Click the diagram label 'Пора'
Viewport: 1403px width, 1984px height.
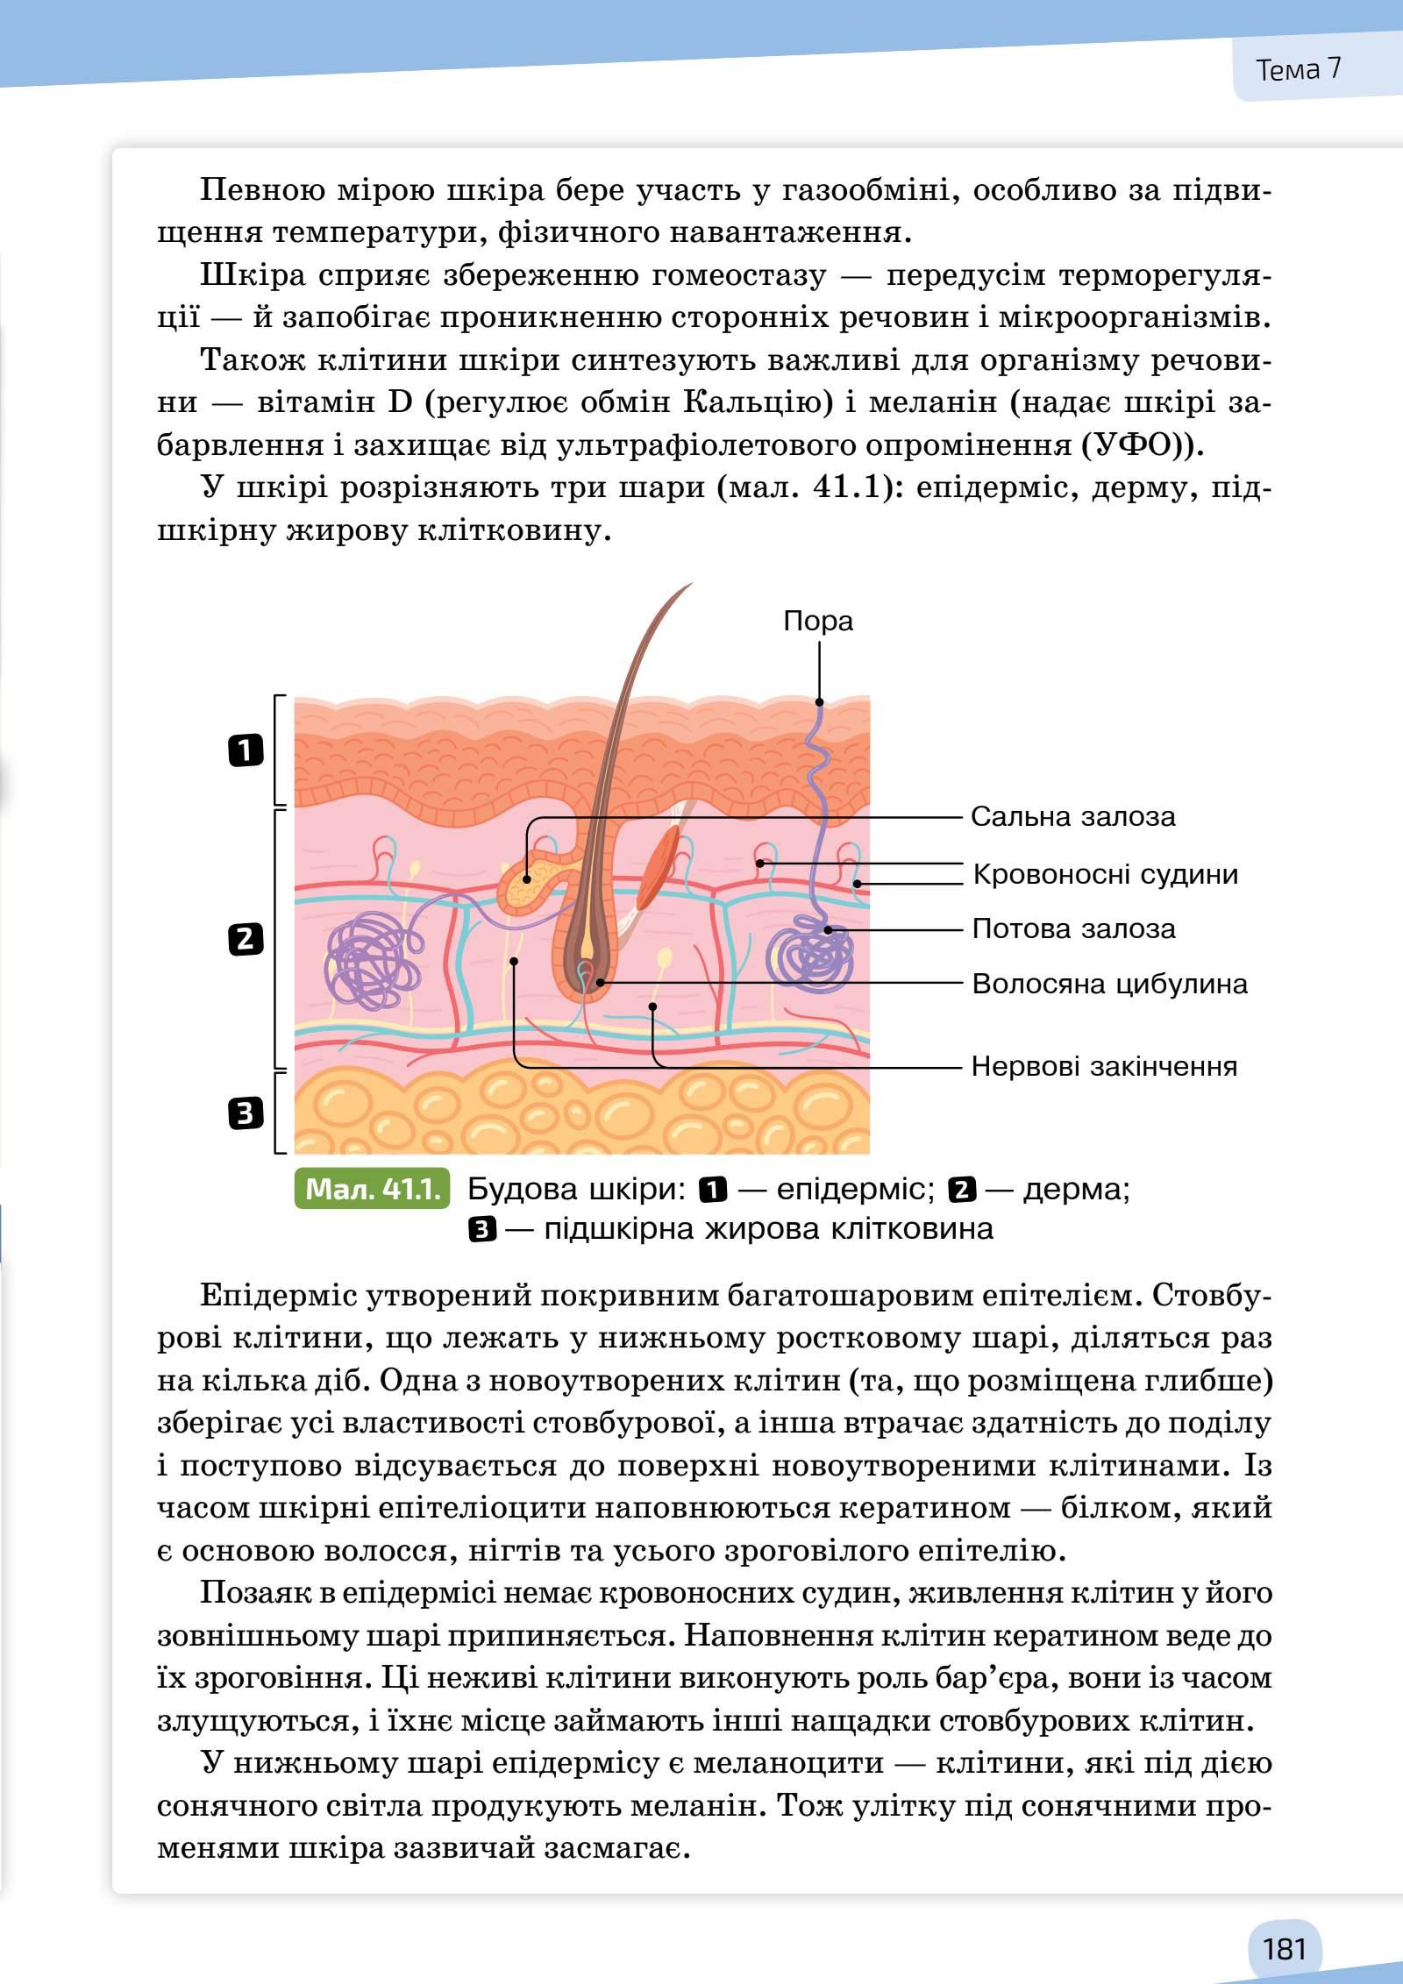pyautogui.click(x=817, y=621)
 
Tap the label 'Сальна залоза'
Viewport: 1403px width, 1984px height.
pyautogui.click(x=1072, y=817)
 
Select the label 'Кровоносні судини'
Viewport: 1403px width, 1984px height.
pyautogui.click(x=1105, y=874)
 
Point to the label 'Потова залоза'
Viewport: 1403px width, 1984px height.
pyautogui.click(x=1073, y=928)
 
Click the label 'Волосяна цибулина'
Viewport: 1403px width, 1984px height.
pyautogui.click(x=1109, y=984)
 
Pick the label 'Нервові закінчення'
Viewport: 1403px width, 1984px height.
pyautogui.click(x=1104, y=1066)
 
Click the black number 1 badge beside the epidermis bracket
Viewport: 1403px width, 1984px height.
pyautogui.click(x=246, y=750)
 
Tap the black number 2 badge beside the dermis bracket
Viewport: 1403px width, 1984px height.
pyautogui.click(x=246, y=939)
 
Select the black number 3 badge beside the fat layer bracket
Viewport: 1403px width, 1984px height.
pyautogui.click(x=246, y=1113)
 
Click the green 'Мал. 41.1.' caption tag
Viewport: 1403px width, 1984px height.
pyautogui.click(x=373, y=1189)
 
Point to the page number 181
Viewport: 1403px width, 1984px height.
pyautogui.click(x=1285, y=1924)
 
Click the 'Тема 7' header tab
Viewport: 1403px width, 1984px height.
pyautogui.click(x=1299, y=69)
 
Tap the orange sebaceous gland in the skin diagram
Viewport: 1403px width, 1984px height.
pyautogui.click(x=527, y=885)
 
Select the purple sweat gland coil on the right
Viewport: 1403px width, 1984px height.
pyautogui.click(x=809, y=951)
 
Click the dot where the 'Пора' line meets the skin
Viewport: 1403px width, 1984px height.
pyautogui.click(x=819, y=701)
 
